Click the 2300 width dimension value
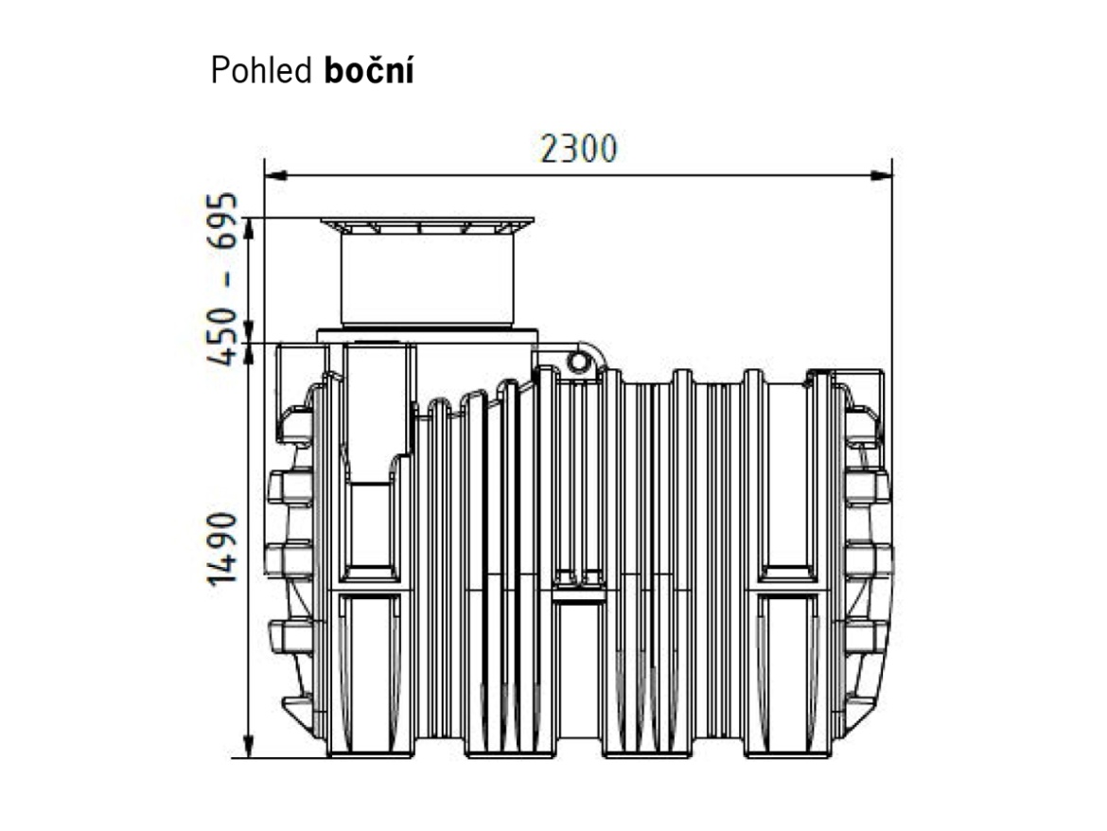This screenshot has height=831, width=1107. click(578, 150)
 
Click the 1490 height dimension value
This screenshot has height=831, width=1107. click(225, 549)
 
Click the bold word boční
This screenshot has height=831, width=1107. click(370, 72)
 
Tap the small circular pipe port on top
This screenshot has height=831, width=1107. click(577, 361)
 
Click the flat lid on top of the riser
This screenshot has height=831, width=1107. click(427, 224)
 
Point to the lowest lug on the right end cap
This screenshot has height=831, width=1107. click(864, 636)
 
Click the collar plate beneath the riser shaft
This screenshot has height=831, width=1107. click(427, 334)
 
